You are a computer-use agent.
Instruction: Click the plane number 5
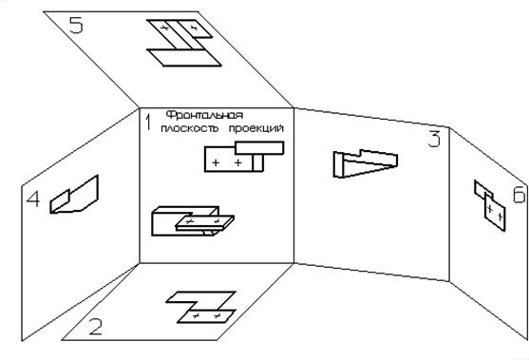tap(76, 25)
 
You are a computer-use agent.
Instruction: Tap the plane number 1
tap(147, 123)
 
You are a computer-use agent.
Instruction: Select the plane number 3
tap(434, 140)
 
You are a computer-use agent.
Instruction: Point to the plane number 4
tap(33, 199)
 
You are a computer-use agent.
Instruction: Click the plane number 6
tap(520, 195)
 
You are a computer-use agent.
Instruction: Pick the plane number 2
tap(96, 327)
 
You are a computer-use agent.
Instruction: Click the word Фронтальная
tap(205, 115)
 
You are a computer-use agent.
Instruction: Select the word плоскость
tap(190, 128)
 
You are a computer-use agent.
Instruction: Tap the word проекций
tap(256, 128)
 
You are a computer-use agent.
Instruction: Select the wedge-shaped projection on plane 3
tap(366, 163)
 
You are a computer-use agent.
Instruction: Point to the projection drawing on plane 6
tap(490, 205)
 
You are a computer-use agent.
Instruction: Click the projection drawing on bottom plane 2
tap(201, 307)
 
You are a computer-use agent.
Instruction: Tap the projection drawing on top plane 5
tap(184, 43)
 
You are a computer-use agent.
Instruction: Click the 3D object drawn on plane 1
tap(193, 220)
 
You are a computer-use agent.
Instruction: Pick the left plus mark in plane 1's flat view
tap(216, 163)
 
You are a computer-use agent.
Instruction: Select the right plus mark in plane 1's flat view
tap(238, 163)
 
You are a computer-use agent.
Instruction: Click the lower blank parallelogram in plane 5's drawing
tap(184, 58)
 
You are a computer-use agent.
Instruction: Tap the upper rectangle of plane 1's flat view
tap(259, 148)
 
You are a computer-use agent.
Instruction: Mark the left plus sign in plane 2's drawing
tap(196, 316)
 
